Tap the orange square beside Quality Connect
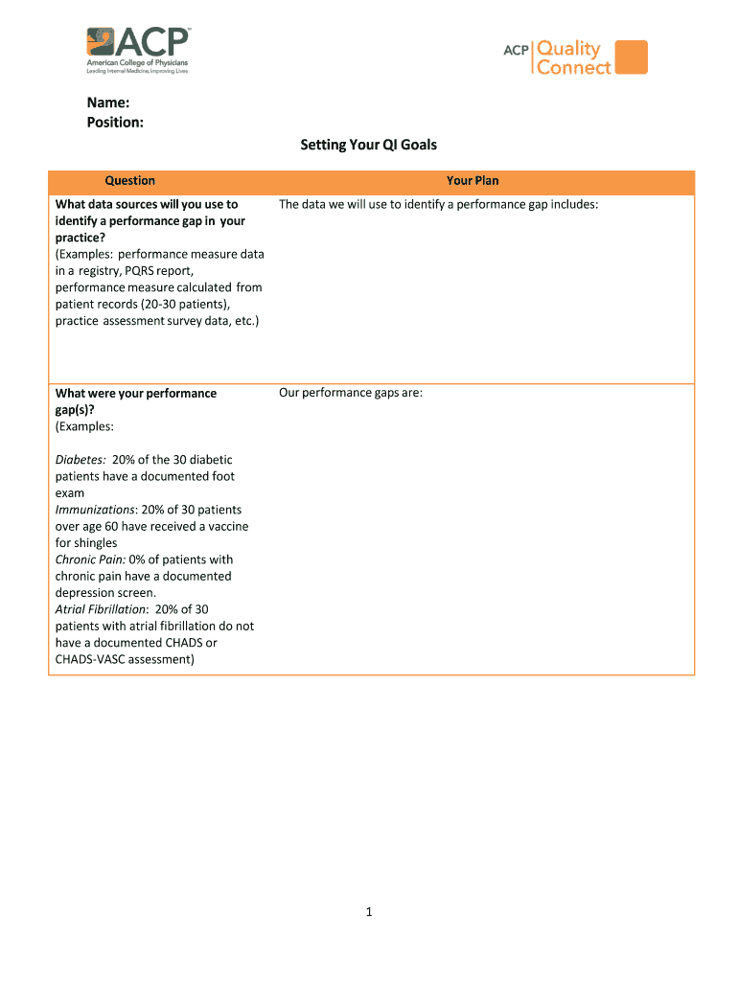pyautogui.click(x=631, y=57)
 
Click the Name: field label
pyautogui.click(x=107, y=102)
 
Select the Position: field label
pyautogui.click(x=115, y=122)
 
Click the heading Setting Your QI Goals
pyautogui.click(x=368, y=145)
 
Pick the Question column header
pyautogui.click(x=130, y=181)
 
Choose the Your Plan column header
pyautogui.click(x=473, y=181)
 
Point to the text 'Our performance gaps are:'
pyautogui.click(x=351, y=393)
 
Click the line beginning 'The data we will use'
pyautogui.click(x=438, y=204)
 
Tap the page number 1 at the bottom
pyautogui.click(x=369, y=913)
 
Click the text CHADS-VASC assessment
pyautogui.click(x=125, y=659)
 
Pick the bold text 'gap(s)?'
pyautogui.click(x=75, y=410)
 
